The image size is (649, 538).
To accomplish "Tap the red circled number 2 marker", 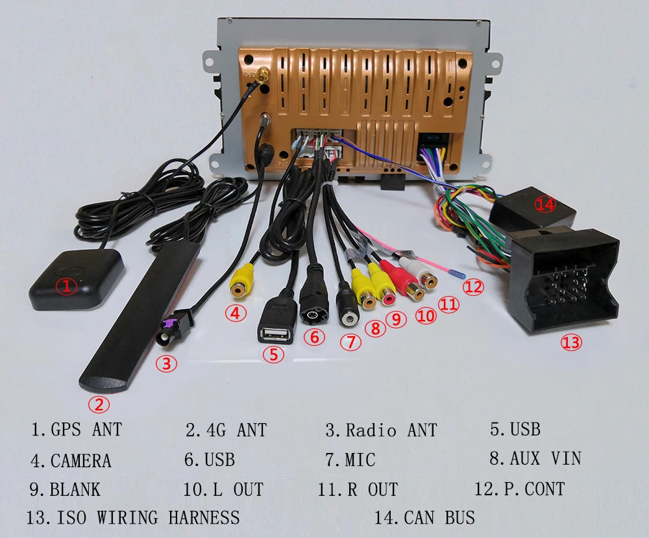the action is (x=99, y=406).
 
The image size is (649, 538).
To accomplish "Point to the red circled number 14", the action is (x=546, y=204).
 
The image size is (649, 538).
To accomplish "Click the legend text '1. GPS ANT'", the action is (x=77, y=429).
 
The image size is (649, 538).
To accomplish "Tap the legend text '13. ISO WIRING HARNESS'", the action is (x=133, y=517).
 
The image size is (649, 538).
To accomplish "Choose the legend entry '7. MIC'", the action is (x=350, y=460).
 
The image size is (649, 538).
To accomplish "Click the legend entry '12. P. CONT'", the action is (x=519, y=489).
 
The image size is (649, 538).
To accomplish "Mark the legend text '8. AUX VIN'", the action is (x=535, y=459).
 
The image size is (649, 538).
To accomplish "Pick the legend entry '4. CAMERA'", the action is (x=71, y=461).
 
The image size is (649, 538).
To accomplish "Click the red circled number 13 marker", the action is (x=571, y=342).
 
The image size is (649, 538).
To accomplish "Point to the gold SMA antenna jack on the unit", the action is (x=266, y=77).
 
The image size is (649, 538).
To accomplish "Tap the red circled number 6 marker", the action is (x=314, y=337).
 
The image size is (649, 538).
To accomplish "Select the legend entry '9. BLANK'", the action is (x=65, y=489).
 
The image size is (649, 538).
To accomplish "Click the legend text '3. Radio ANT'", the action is (x=381, y=430).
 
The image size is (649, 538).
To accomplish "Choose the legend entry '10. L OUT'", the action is (x=223, y=489).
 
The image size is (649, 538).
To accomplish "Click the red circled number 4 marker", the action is (x=236, y=313).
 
